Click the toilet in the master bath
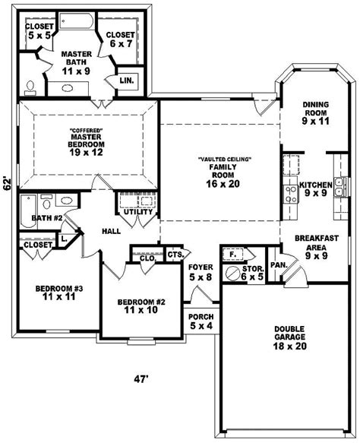(x=30, y=88)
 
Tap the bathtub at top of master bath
(x=76, y=21)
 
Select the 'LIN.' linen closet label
(x=127, y=81)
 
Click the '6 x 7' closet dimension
(x=121, y=44)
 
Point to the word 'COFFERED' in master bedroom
(x=86, y=131)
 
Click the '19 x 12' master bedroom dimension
(x=86, y=153)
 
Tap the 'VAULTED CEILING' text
(x=225, y=160)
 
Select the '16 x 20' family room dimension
(x=223, y=184)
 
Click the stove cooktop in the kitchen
(x=291, y=194)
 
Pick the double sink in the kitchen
(x=341, y=187)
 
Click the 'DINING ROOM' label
(x=316, y=109)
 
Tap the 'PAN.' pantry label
(x=279, y=265)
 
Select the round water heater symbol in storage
(x=233, y=274)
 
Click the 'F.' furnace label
(x=232, y=255)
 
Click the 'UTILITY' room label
(x=138, y=211)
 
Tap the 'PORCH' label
(x=201, y=317)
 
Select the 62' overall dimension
(x=8, y=184)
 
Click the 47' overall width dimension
(x=141, y=379)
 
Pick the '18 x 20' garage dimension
(x=289, y=346)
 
